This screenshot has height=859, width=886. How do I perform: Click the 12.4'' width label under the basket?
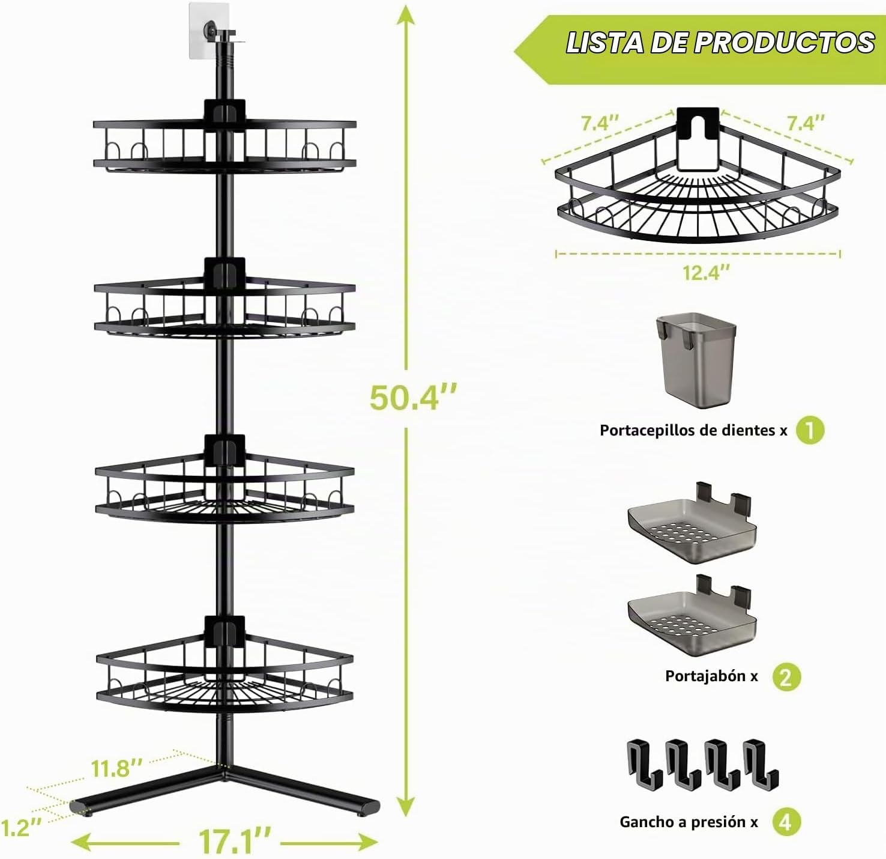pos(706,273)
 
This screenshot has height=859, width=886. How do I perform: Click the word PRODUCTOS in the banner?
pos(784,43)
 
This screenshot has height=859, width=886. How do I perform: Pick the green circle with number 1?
pos(810,430)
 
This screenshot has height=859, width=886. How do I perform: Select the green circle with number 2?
pos(786,677)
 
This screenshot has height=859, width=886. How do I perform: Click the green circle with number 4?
pos(786,822)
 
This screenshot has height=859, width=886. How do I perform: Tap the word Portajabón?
pos(704,676)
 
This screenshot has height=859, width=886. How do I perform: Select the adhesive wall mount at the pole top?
pos(209,30)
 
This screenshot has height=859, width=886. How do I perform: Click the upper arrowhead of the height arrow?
pos(406,16)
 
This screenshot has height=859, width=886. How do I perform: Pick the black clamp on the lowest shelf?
pos(225,632)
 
